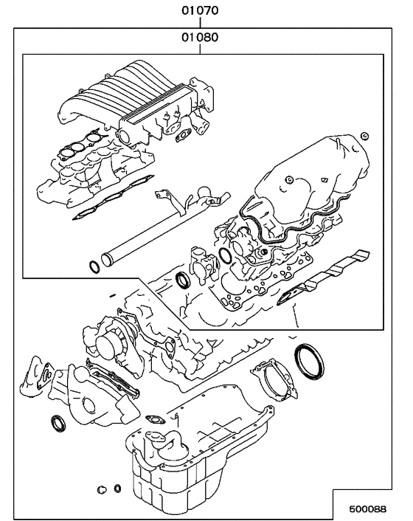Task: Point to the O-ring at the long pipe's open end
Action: (x=94, y=266)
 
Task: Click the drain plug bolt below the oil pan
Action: (x=102, y=489)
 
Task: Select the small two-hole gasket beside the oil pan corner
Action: (x=156, y=420)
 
